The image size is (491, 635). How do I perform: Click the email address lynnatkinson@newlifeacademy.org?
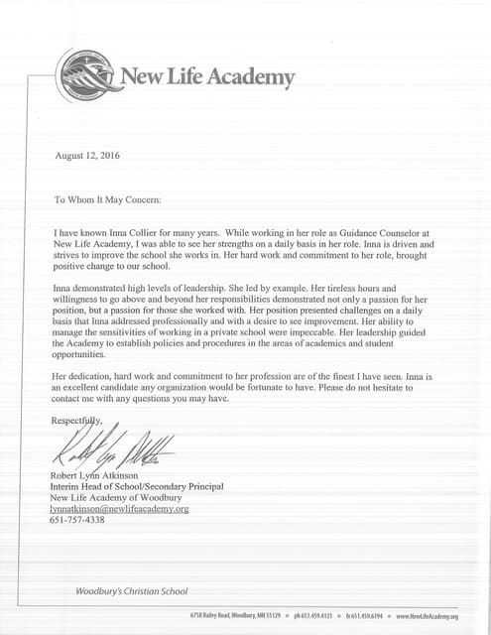tap(118, 508)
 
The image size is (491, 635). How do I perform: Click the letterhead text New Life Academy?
tap(207, 77)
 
